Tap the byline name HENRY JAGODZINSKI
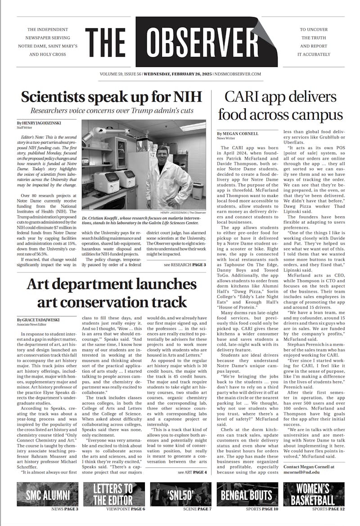[40, 123]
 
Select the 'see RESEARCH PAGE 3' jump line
[185, 265]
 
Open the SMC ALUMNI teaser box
[48, 494]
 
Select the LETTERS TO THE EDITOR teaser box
[114, 494]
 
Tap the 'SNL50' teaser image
[180, 494]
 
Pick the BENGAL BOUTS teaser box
[247, 494]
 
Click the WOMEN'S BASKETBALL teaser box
[314, 494]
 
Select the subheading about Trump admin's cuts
[112, 111]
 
